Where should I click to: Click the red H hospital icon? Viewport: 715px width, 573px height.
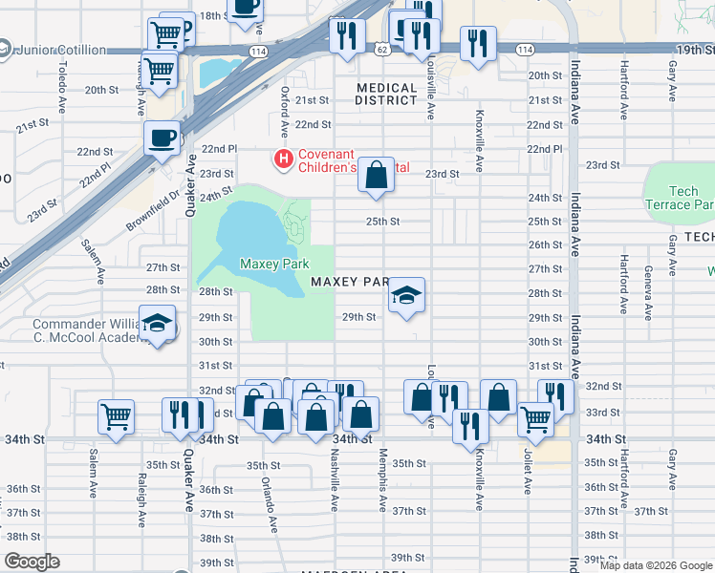pos(283,158)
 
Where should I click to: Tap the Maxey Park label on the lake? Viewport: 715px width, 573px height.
pos(270,264)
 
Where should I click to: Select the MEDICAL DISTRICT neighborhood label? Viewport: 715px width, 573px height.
pos(386,95)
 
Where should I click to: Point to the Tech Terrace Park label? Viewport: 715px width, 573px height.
pos(680,198)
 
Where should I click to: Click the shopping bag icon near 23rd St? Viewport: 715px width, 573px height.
pos(377,175)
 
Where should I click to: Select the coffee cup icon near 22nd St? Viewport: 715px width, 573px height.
pos(162,138)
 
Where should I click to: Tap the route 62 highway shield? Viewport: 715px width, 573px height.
pos(379,48)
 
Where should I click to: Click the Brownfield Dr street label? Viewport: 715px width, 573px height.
pos(153,212)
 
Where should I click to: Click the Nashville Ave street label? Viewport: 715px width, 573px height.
pos(336,483)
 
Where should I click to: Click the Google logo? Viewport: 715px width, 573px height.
pos(32,562)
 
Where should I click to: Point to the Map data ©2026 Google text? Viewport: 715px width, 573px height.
pos(655,565)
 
